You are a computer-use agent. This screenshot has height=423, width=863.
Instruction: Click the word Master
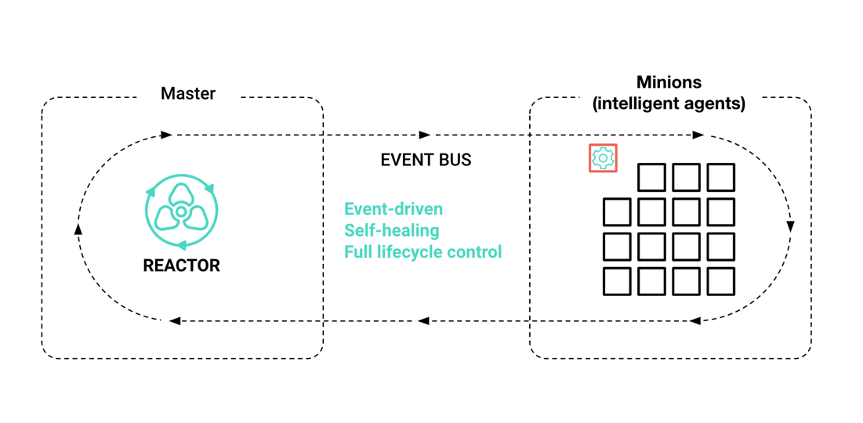click(x=188, y=94)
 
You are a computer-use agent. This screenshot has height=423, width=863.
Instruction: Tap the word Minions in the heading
click(x=669, y=82)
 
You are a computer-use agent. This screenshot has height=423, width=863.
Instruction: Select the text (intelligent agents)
click(x=669, y=103)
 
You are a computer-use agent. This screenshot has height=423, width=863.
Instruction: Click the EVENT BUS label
click(x=426, y=160)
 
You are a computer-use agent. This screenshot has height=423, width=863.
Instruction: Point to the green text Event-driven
click(x=393, y=209)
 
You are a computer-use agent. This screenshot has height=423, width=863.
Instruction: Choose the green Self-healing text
click(x=391, y=230)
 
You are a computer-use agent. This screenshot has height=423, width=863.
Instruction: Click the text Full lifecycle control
click(x=422, y=252)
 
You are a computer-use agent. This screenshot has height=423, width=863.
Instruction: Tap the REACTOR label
click(x=181, y=266)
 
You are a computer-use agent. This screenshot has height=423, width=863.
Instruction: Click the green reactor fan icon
click(x=181, y=211)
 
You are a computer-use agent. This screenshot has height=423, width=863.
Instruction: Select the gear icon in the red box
click(x=603, y=158)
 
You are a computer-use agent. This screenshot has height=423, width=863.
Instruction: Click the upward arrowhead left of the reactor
click(x=78, y=229)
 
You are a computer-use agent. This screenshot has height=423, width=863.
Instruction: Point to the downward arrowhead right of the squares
click(x=790, y=226)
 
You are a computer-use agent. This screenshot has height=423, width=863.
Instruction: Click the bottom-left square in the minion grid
click(x=617, y=281)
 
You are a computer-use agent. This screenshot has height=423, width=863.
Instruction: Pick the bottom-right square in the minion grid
click(x=720, y=281)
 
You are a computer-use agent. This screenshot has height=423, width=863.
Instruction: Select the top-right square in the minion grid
click(x=720, y=178)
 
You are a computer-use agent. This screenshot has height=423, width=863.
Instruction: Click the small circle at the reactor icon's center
click(x=181, y=211)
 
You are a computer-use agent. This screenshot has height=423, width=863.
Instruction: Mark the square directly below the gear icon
click(x=617, y=212)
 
